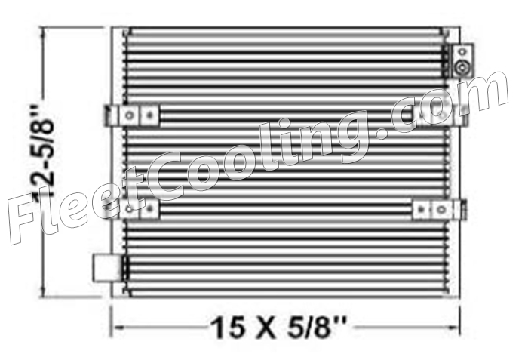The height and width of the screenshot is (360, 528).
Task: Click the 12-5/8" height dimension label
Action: (x=44, y=152)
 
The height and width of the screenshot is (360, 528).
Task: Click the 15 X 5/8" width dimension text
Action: (x=278, y=328)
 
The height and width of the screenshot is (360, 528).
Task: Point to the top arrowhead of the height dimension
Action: (x=43, y=33)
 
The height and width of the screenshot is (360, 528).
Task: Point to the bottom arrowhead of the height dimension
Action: (x=43, y=291)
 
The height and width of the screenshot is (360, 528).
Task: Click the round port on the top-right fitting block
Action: (x=462, y=66)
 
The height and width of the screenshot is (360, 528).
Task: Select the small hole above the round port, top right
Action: (x=462, y=51)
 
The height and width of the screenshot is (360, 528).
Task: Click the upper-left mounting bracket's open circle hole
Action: (x=129, y=115)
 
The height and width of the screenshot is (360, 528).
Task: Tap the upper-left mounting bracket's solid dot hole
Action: (x=149, y=115)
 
